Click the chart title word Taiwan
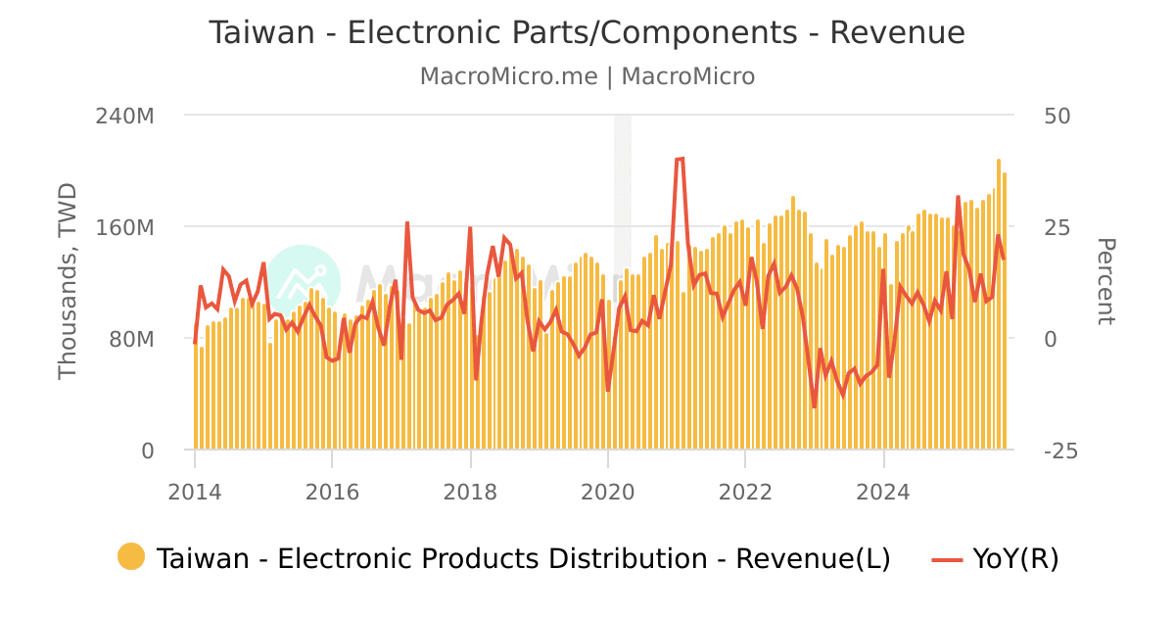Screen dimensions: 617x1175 pyautogui.click(x=259, y=32)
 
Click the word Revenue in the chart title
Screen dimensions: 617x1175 pyautogui.click(x=897, y=32)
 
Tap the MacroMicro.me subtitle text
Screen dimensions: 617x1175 pyautogui.click(x=508, y=76)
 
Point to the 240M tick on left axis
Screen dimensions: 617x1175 pyautogui.click(x=125, y=116)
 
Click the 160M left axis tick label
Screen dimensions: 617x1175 pyautogui.click(x=125, y=227)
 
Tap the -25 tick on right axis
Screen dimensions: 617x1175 pyautogui.click(x=1061, y=451)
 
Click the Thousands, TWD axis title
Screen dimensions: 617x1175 pyautogui.click(x=68, y=281)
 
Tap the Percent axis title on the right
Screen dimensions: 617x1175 pyautogui.click(x=1104, y=281)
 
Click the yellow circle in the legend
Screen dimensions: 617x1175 pyautogui.click(x=131, y=557)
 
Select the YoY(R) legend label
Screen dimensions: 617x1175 pyautogui.click(x=1015, y=558)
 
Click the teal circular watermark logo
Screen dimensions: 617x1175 pyautogui.click(x=303, y=282)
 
